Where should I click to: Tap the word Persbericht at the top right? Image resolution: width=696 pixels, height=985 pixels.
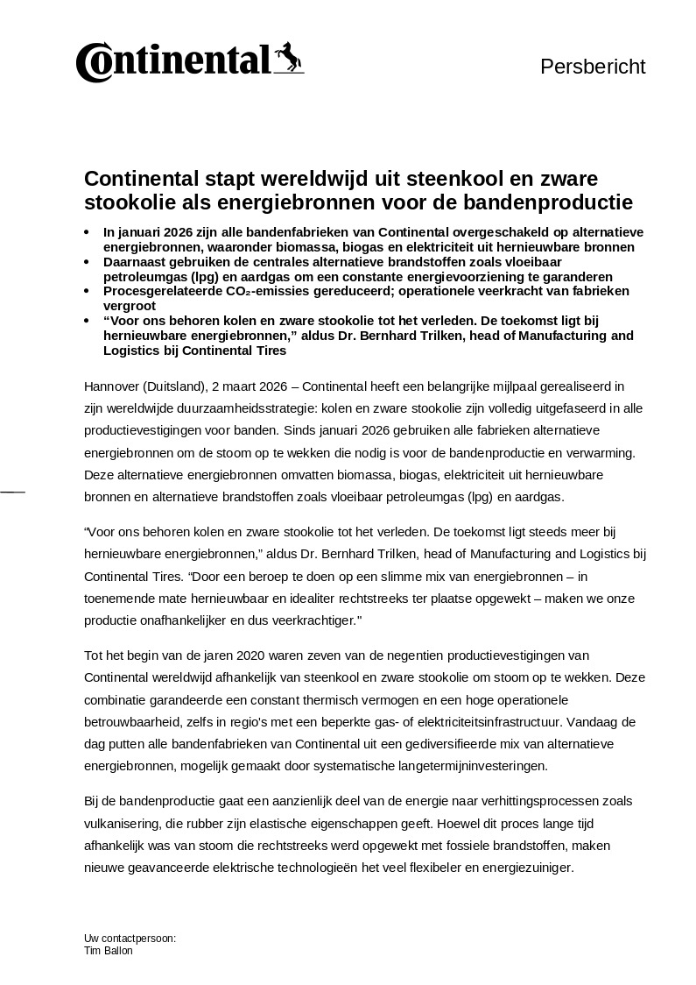(x=593, y=67)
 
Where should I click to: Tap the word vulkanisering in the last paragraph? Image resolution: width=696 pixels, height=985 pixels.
(x=120, y=824)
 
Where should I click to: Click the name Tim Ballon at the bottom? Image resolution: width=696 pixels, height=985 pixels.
(x=109, y=951)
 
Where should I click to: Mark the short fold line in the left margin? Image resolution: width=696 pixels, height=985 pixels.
(x=12, y=492)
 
